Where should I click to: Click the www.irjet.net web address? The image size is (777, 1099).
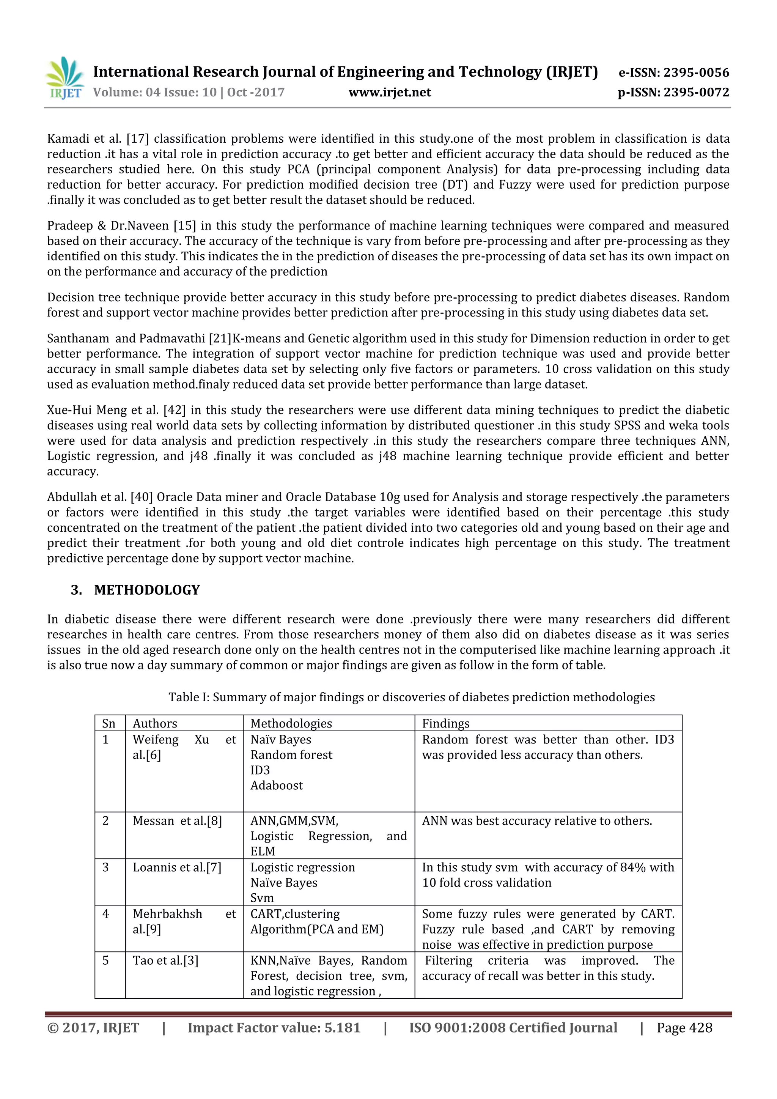pos(390,92)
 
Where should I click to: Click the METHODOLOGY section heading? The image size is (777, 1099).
pos(146,590)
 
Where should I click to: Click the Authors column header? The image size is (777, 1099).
pos(155,723)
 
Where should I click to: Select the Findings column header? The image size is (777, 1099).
pos(445,723)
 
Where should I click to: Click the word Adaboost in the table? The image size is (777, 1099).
pos(277,785)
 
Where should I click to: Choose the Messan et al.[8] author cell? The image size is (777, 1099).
pos(177,821)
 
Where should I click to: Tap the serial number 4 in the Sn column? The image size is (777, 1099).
pos(106,914)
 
